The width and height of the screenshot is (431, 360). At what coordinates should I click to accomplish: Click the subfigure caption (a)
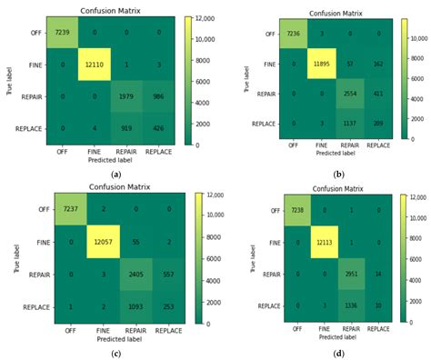(x=115, y=174)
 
